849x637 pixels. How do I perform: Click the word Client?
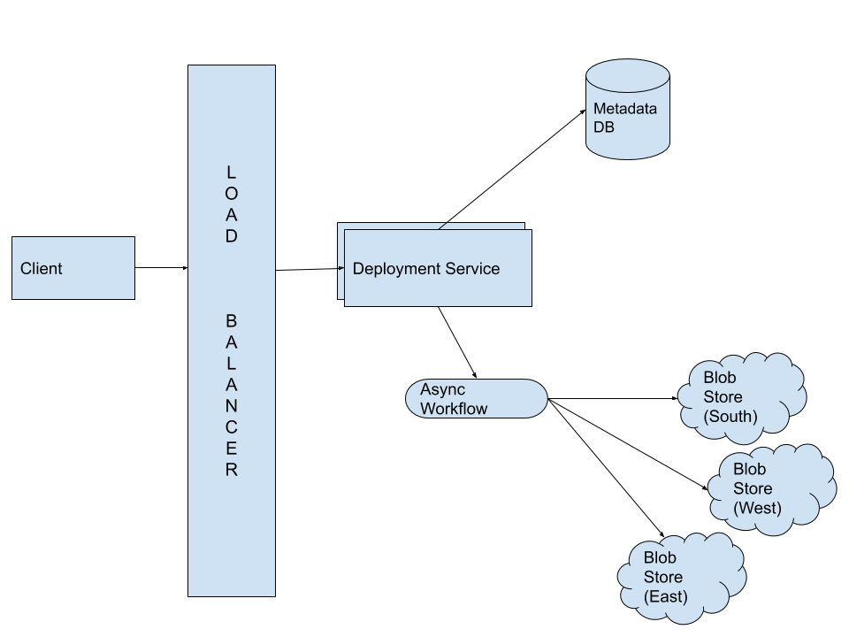tap(42, 269)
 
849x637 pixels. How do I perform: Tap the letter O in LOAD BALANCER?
tap(231, 193)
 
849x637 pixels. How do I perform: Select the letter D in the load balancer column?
tap(231, 236)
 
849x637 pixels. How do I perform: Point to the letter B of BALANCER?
tap(231, 320)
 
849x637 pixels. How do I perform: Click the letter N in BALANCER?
tap(231, 384)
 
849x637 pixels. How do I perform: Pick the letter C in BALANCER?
tap(231, 405)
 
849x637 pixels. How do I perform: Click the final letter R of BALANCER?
tap(231, 469)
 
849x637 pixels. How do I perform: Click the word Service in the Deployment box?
tap(471, 269)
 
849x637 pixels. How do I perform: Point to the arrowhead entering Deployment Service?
tap(341, 267)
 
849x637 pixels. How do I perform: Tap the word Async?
tap(442, 390)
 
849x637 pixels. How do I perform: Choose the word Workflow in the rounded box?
tap(454, 409)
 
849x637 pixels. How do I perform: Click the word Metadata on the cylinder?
tap(625, 110)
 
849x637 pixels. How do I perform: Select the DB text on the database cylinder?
tap(604, 127)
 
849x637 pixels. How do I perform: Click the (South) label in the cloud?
tap(730, 416)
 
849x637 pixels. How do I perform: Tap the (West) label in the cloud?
tap(757, 508)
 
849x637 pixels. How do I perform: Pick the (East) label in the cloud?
tap(665, 596)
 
